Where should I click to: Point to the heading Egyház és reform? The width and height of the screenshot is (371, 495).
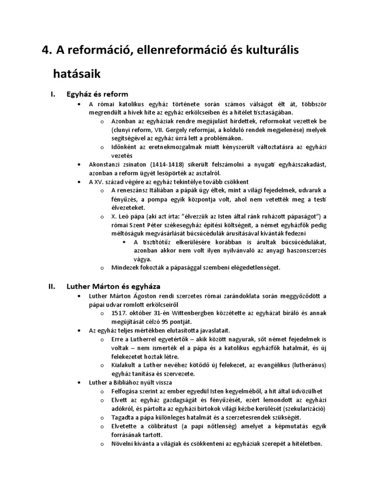tap(97, 94)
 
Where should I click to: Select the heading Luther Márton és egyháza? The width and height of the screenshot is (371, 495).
tap(113, 286)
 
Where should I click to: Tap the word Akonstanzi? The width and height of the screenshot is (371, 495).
tap(106, 165)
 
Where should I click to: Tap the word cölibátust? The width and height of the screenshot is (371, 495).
tap(150, 426)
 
